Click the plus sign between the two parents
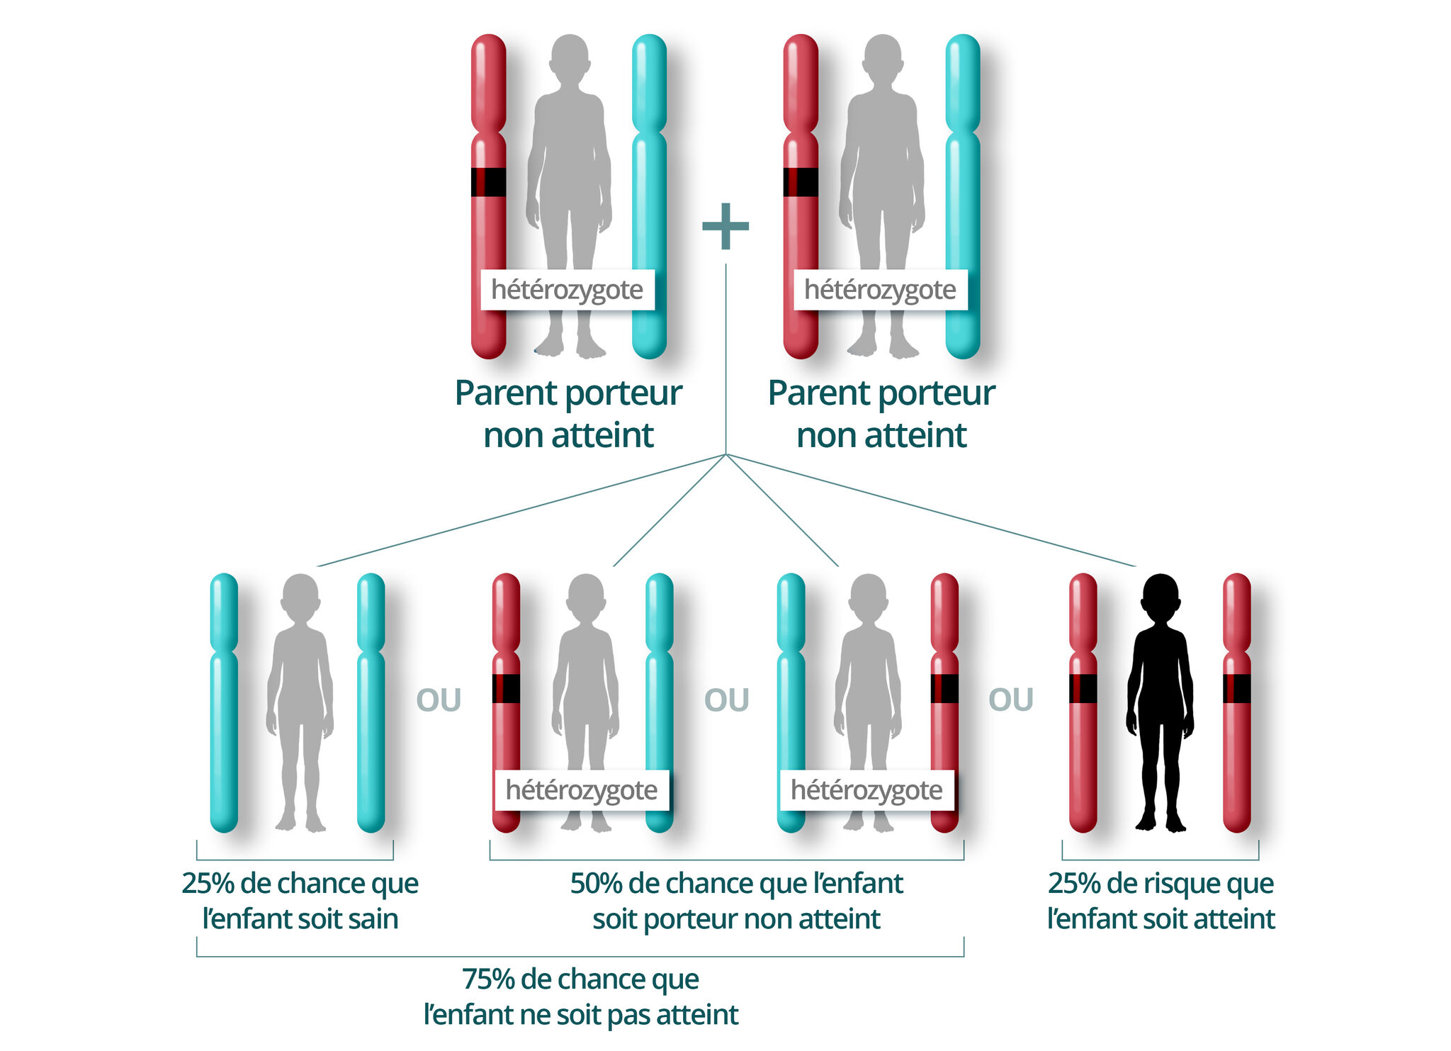tap(725, 226)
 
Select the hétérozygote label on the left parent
tap(567, 290)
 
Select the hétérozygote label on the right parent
tap(880, 290)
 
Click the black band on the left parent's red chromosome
tap(489, 182)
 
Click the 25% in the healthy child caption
tap(208, 884)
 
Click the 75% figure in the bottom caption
tap(488, 979)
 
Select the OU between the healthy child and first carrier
tap(439, 700)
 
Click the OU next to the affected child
tap(1010, 700)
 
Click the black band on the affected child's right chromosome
tap(1236, 689)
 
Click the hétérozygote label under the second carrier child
tap(866, 790)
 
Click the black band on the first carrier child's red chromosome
tap(506, 689)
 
